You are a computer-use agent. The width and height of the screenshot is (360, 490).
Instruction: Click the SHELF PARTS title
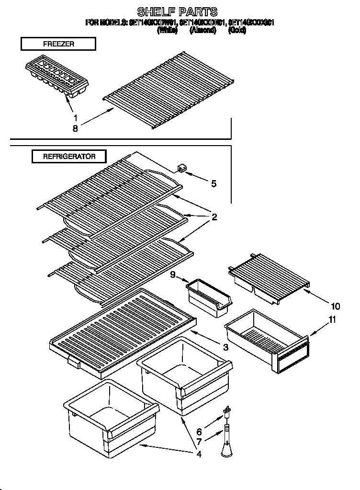pyautogui.click(x=177, y=11)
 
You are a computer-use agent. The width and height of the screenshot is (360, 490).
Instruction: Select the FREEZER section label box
pyautogui.click(x=58, y=44)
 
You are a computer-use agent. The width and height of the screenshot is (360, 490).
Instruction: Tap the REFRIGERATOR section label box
pyautogui.click(x=69, y=156)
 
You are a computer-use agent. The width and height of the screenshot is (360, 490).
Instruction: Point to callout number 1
pyautogui.click(x=75, y=117)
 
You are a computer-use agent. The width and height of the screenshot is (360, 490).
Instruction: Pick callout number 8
pyautogui.click(x=75, y=128)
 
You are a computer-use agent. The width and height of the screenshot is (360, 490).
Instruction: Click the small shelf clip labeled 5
pyautogui.click(x=182, y=168)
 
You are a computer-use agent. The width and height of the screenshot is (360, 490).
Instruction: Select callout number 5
pyautogui.click(x=214, y=183)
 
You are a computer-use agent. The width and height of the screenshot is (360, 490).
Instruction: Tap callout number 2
pyautogui.click(x=214, y=217)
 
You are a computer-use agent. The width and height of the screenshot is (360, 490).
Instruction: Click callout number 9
pyautogui.click(x=173, y=274)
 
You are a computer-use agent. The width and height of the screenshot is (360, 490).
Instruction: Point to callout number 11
pyautogui.click(x=332, y=320)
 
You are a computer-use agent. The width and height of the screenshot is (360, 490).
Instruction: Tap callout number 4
pyautogui.click(x=198, y=454)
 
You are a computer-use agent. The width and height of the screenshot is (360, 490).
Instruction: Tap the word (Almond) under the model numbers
pyautogui.click(x=202, y=30)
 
